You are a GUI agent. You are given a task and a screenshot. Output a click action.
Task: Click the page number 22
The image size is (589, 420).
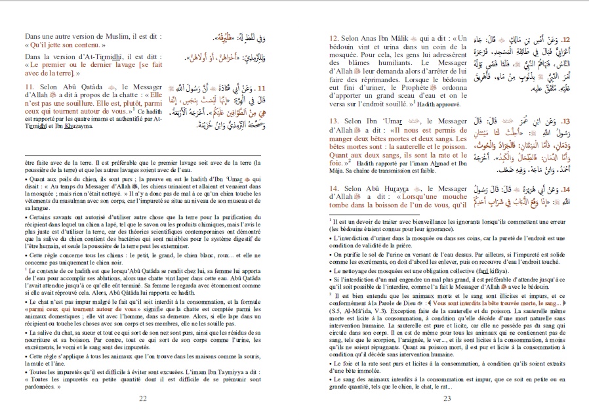point(143,398)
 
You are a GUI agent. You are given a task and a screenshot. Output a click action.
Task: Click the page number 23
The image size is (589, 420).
point(448,398)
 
